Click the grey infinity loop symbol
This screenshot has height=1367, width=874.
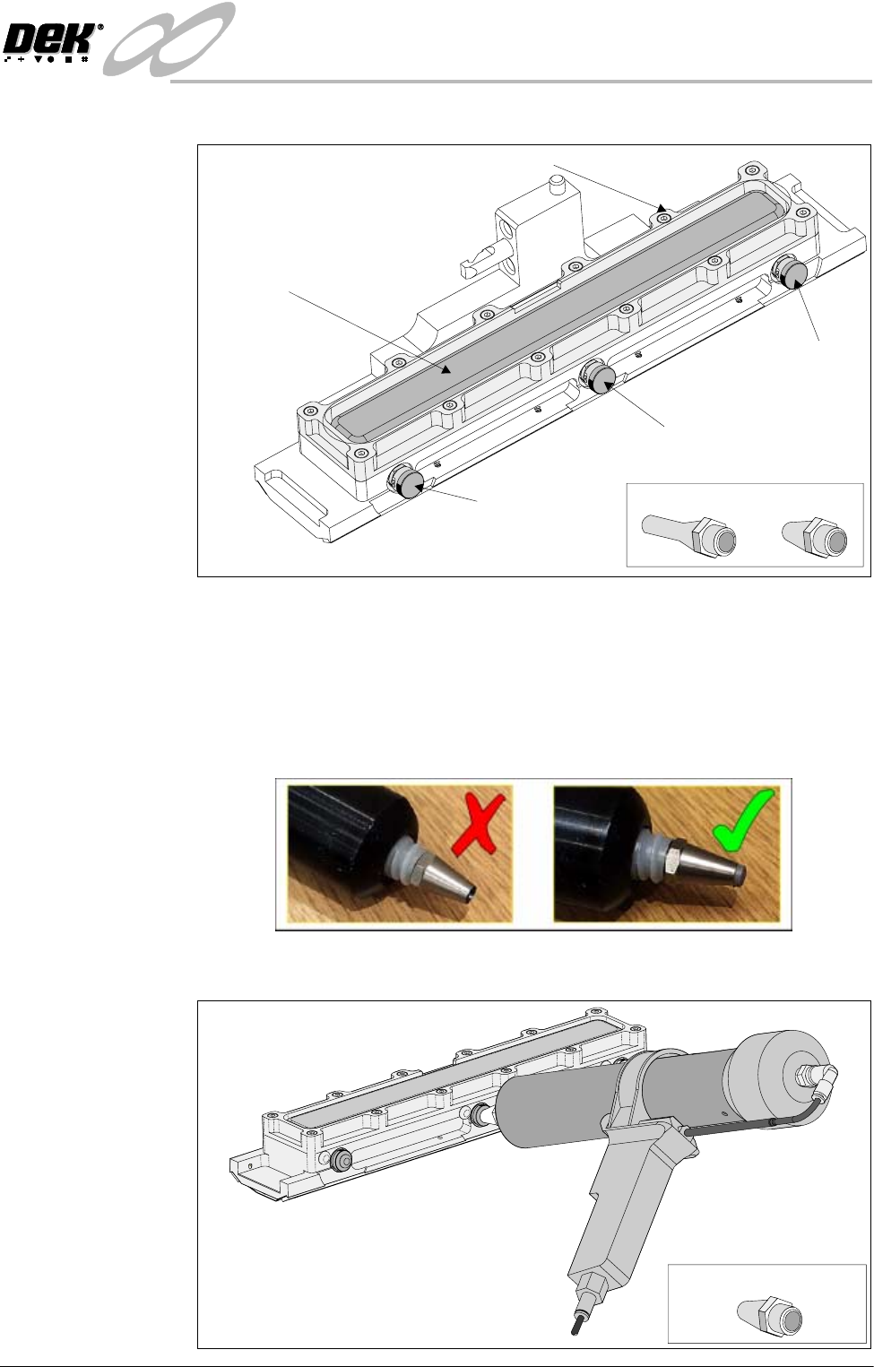(169, 39)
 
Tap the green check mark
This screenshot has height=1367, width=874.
(744, 819)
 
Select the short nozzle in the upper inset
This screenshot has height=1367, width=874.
(815, 535)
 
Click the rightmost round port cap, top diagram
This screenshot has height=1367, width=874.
(792, 273)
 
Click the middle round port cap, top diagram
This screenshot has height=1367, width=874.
(599, 377)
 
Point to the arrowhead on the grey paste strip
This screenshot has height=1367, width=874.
(446, 368)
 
